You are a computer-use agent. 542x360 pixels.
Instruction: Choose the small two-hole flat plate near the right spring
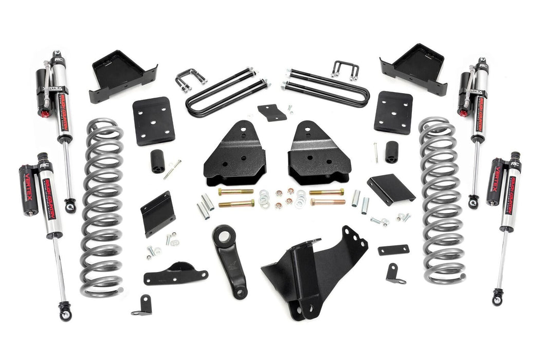pos(393,250)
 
